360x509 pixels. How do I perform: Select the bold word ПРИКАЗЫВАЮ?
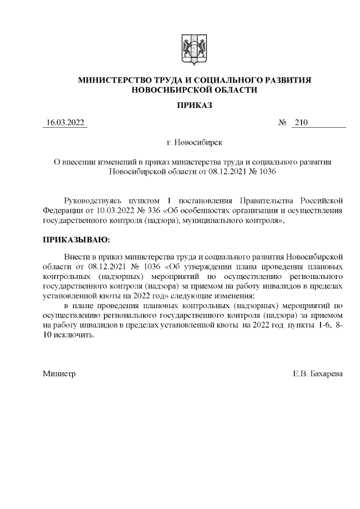tap(73, 240)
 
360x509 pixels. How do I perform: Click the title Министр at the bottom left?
tap(59, 373)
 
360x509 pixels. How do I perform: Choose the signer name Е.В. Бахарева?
tap(317, 373)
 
